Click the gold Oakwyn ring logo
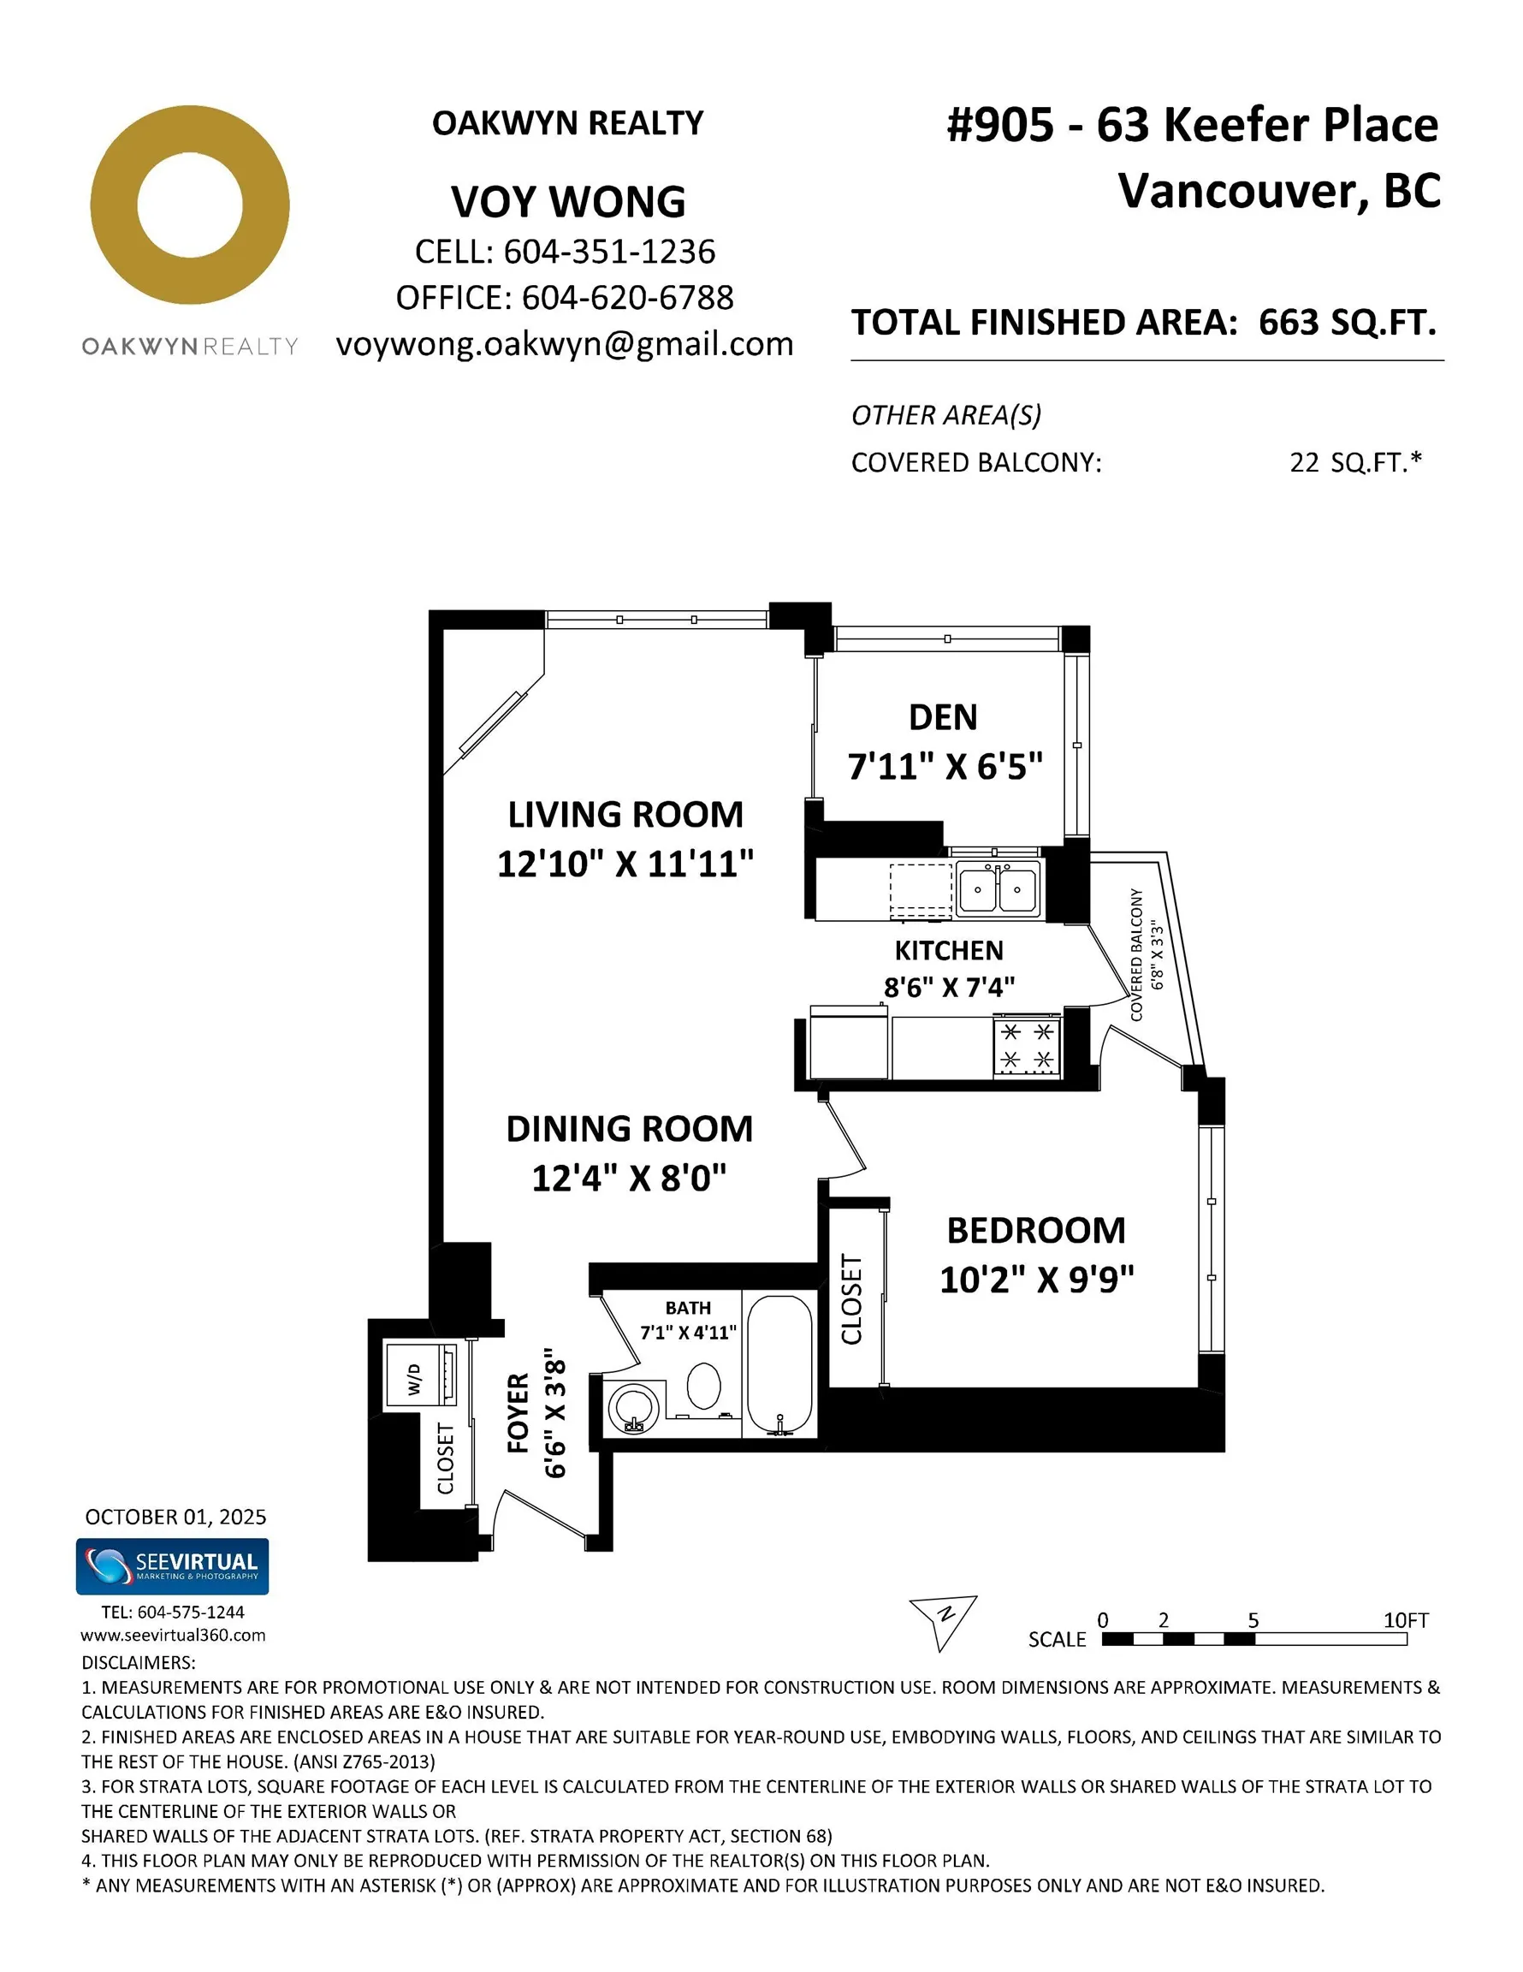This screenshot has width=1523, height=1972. coord(190,205)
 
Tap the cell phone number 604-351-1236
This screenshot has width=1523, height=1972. coord(608,252)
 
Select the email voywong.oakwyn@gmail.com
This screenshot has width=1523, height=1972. coord(564,344)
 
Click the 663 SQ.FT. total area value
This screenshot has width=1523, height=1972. coord(1346,323)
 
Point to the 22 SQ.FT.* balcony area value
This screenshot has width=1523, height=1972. coord(1354,462)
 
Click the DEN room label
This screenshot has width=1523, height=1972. coord(943,718)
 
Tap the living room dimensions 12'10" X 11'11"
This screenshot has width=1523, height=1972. coord(625,864)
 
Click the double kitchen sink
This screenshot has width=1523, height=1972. coord(997,888)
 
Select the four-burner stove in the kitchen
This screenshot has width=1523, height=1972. coord(1027,1046)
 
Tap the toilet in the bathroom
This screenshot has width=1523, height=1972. coord(703,1387)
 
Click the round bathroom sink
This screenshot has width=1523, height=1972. coord(634,1409)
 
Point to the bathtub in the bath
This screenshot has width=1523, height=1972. coord(779,1366)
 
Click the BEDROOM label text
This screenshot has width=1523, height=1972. coord(1035,1231)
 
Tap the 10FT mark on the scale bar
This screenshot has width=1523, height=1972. coord(1405,1621)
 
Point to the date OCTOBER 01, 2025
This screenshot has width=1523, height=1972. coord(175,1517)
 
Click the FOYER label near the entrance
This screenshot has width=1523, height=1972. coord(519,1414)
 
